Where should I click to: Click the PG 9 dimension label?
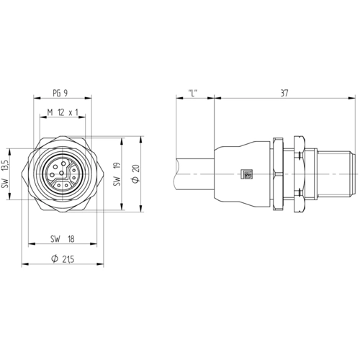tap(60, 93)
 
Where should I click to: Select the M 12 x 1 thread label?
tap(63, 112)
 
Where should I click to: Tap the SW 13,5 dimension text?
tap(6, 174)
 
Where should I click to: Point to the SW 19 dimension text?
tap(117, 174)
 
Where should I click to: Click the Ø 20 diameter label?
tap(136, 174)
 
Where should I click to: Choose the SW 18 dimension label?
tap(63, 239)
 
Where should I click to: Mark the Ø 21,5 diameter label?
tap(63, 258)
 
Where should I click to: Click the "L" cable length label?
tap(193, 92)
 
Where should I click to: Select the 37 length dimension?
tap(284, 93)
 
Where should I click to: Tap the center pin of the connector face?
tap(61, 173)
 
